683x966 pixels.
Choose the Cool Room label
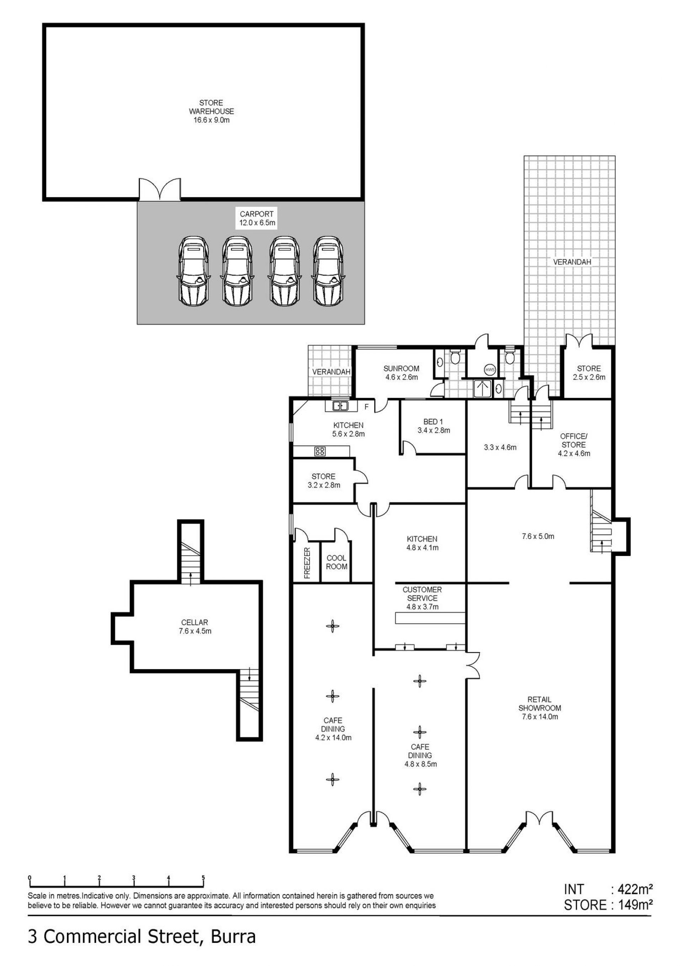(x=337, y=562)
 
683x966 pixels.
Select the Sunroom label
(x=401, y=373)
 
